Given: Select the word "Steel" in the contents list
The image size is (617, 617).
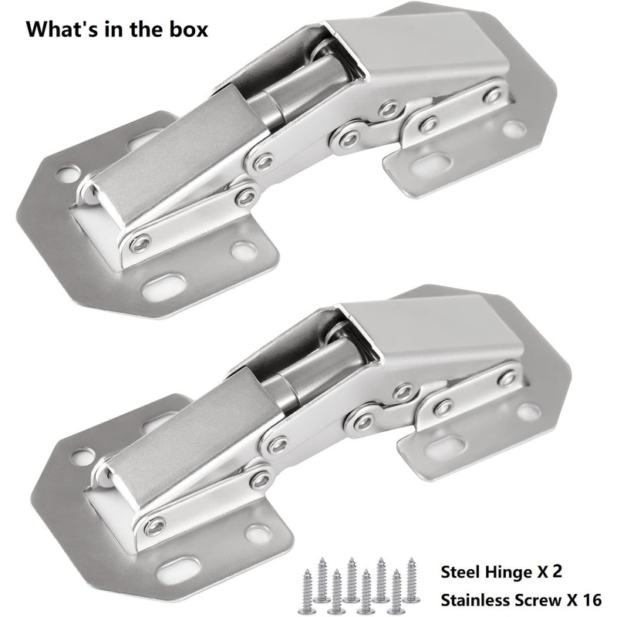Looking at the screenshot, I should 463,572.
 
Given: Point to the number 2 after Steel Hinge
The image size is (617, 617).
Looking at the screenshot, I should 555,572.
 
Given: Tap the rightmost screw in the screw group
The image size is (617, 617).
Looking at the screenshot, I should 412,578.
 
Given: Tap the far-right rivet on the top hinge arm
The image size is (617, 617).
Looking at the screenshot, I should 492,96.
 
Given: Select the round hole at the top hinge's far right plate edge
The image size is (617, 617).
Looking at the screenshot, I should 514,128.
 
